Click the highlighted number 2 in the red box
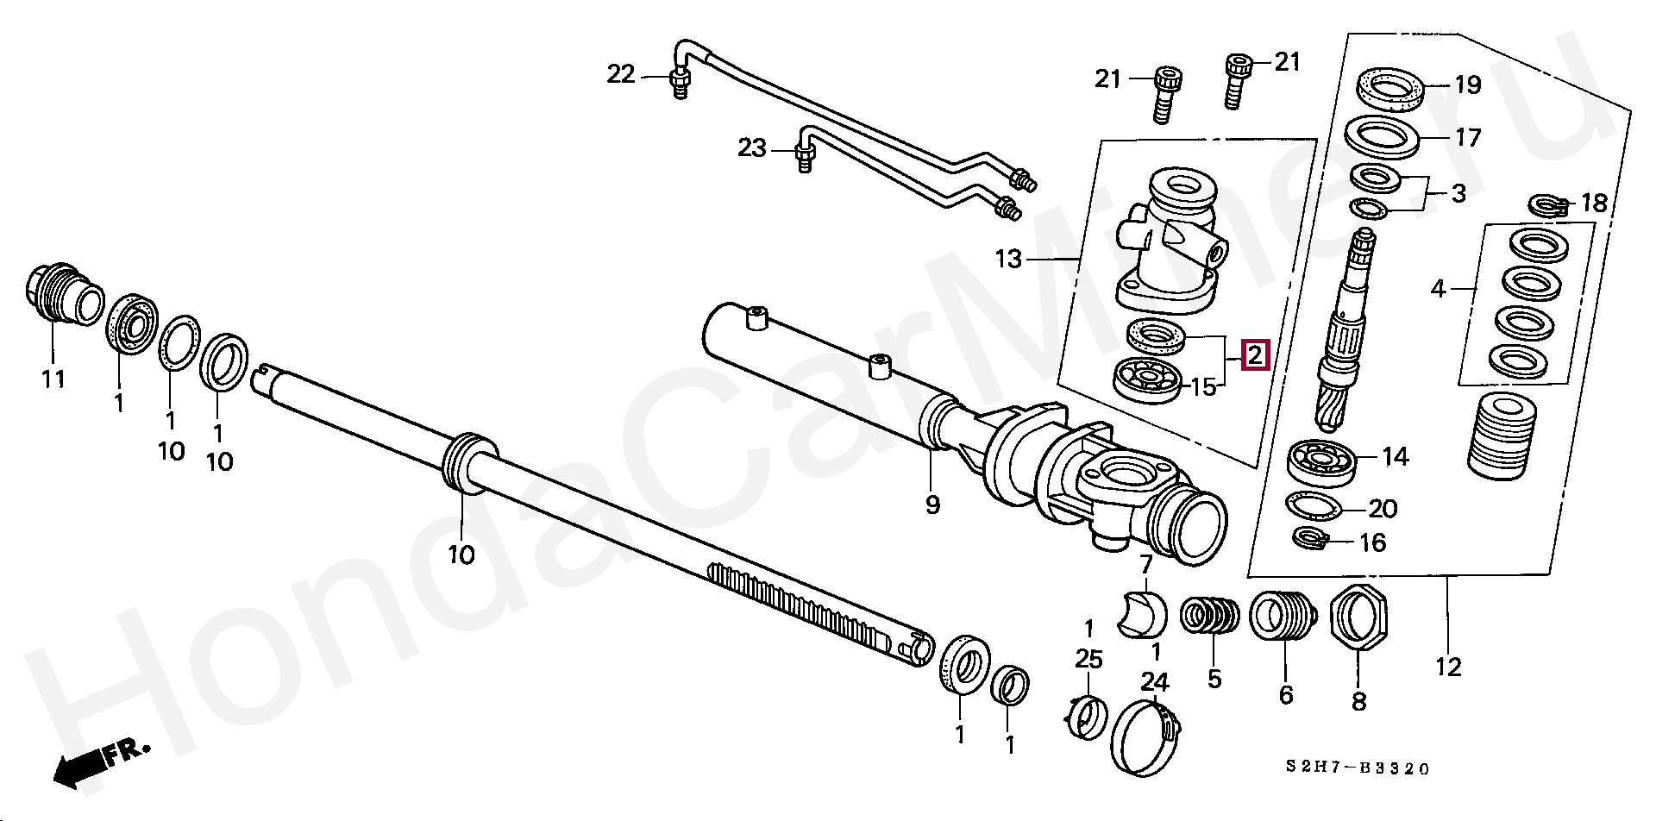(x=1255, y=354)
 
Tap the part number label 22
(x=621, y=75)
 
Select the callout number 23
(x=751, y=148)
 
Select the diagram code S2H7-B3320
(x=1357, y=768)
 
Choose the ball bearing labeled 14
(x=1322, y=461)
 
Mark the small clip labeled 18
(x=1547, y=205)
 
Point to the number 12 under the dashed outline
(x=1449, y=667)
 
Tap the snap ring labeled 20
(x=1313, y=506)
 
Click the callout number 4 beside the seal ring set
(x=1438, y=289)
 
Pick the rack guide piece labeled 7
(x=1142, y=615)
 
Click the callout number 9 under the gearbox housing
(x=932, y=505)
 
